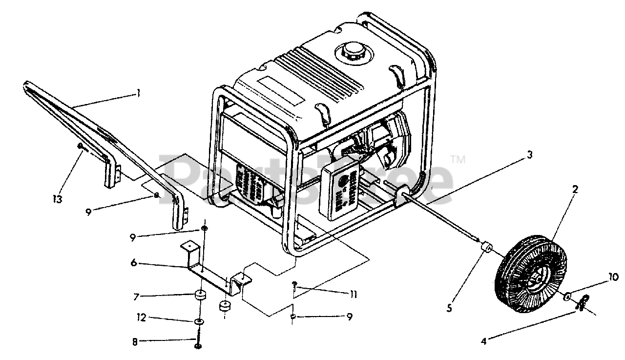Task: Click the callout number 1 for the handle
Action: (138, 92)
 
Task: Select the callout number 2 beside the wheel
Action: (575, 190)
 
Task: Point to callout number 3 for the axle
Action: (529, 154)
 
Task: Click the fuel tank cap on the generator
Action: (351, 50)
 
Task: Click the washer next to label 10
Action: (569, 297)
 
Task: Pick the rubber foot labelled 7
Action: (200, 296)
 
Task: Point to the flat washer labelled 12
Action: (199, 322)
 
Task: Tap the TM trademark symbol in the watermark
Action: (457, 159)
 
